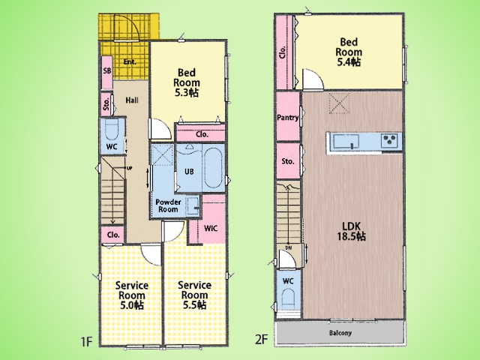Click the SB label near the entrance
[107, 70]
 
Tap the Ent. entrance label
[130, 61]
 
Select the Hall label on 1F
[132, 100]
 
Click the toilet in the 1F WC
[112, 130]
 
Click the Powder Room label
[168, 205]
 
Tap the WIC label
[211, 228]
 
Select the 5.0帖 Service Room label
[132, 295]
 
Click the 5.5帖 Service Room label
[194, 295]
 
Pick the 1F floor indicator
[87, 341]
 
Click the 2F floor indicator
[262, 340]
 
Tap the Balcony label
[340, 333]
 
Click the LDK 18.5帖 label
[352, 231]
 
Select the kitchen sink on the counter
[346, 142]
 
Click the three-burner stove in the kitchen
[389, 141]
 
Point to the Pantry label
[288, 117]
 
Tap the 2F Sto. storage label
[288, 161]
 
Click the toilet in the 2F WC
[288, 299]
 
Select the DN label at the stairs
[288, 247]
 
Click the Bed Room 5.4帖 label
[349, 52]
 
